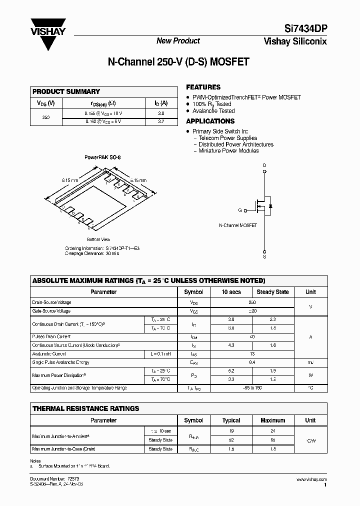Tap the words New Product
coord(178,41)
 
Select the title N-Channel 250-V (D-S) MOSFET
coord(178,62)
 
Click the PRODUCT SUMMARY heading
coord(66,91)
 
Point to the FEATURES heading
coord(203,87)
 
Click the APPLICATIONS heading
coord(210,121)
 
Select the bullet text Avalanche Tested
coord(213,111)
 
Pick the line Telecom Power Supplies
coord(227,138)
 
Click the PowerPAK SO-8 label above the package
coord(102,157)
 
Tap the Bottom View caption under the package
coord(98,239)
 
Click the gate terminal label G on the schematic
coord(240,210)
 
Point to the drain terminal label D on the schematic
coord(264,165)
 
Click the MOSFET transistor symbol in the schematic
coord(263,206)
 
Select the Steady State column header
coord(272,292)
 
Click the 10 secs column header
coord(231,292)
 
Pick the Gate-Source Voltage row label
coord(51,311)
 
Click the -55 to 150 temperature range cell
coord(252,388)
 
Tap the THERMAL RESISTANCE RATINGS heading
coord(85,408)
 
